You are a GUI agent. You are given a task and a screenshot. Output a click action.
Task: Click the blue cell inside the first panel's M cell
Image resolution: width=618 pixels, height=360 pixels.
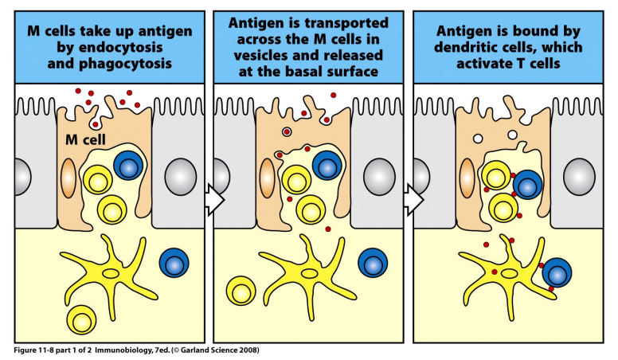point(127,166)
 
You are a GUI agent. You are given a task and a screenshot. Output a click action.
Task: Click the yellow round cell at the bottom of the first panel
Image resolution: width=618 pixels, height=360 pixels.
point(83,320)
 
